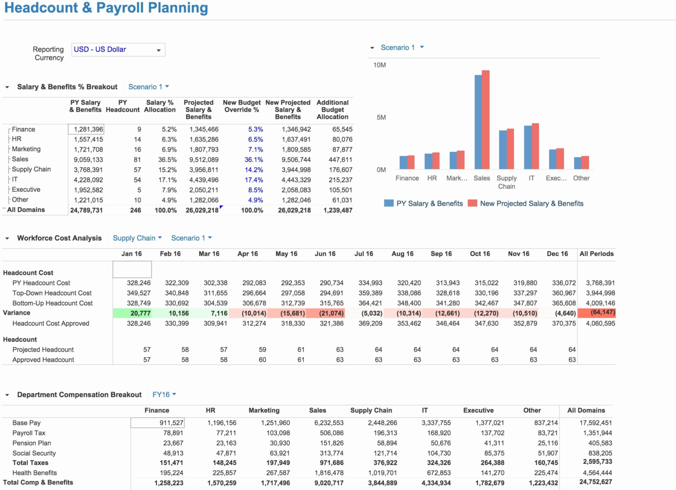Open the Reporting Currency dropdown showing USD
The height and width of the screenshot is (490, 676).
click(118, 50)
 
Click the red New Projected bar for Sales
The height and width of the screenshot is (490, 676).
click(486, 121)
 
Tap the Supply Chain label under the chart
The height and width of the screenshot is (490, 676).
click(506, 182)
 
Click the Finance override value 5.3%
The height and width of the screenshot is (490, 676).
click(255, 129)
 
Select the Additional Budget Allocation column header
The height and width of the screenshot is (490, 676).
click(332, 110)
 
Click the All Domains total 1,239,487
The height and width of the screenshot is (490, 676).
click(337, 210)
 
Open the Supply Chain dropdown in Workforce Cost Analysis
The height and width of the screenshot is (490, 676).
click(137, 238)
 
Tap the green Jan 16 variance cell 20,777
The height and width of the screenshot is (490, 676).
click(132, 313)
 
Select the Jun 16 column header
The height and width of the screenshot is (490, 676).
click(325, 254)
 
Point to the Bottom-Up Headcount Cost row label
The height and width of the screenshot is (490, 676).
click(53, 303)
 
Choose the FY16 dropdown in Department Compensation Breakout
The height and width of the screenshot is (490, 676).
click(164, 395)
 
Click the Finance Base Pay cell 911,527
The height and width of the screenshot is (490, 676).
click(158, 423)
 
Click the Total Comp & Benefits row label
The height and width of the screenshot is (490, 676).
click(38, 482)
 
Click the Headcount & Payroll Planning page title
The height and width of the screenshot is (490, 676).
click(106, 8)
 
